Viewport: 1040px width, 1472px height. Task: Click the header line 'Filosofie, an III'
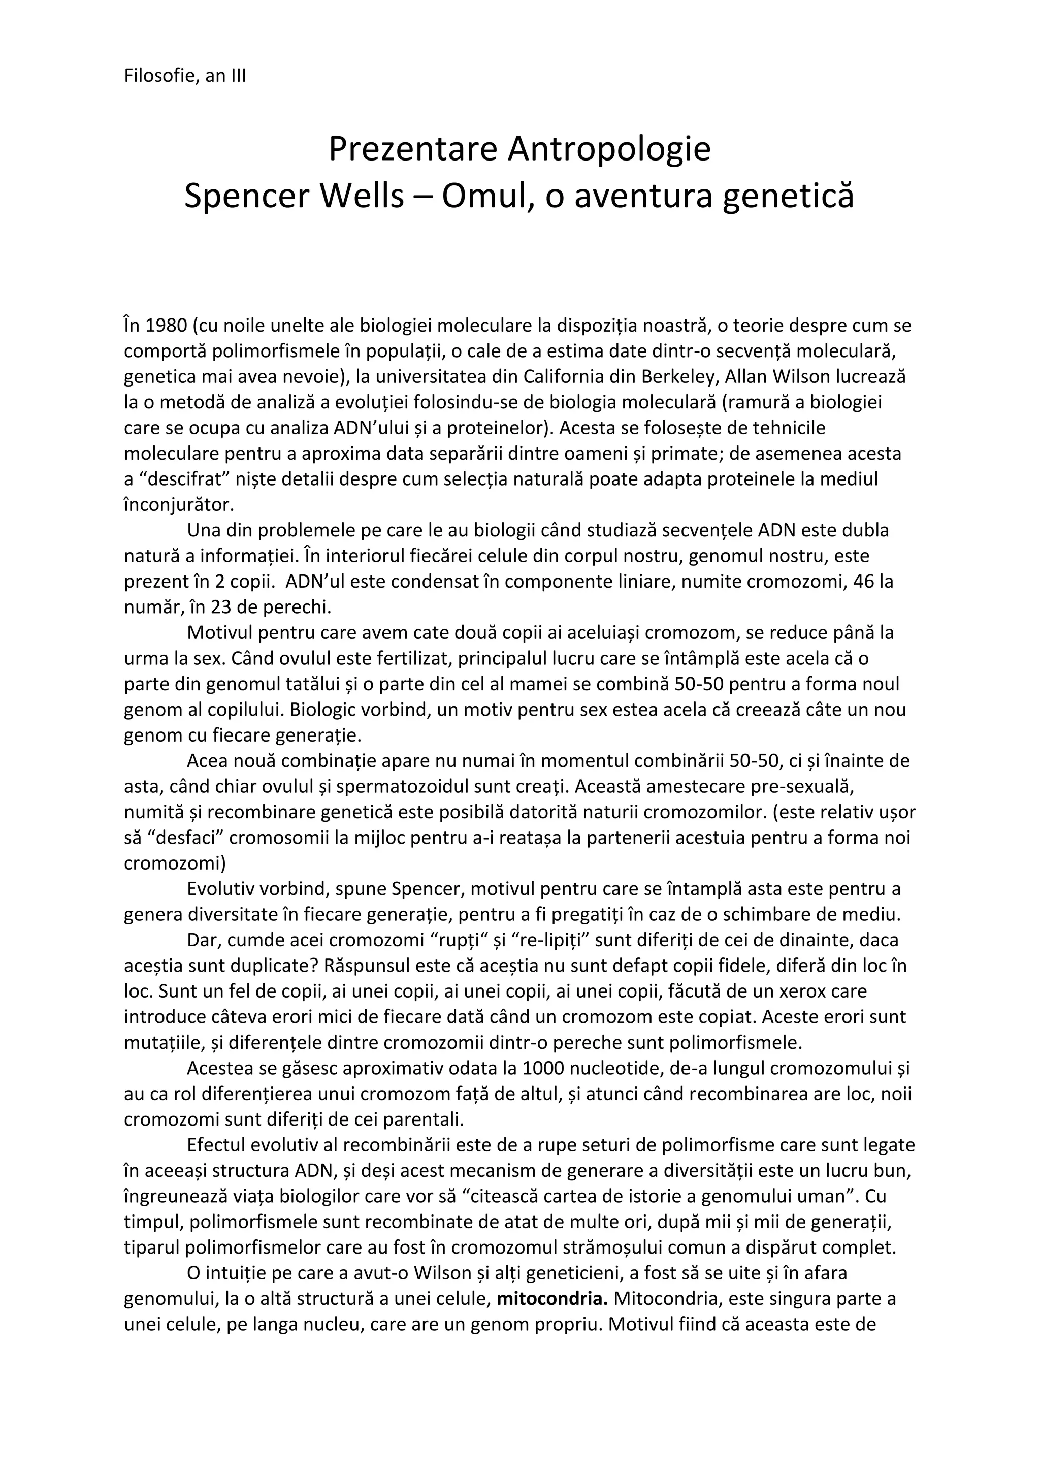[x=184, y=76]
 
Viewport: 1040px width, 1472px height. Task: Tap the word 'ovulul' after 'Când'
[x=320, y=658]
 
